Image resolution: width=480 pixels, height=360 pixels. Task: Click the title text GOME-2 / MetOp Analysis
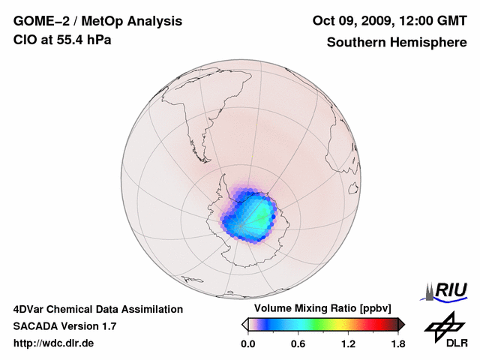97,21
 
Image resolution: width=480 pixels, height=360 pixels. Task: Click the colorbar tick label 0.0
247,344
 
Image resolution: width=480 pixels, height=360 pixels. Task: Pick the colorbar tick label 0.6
298,344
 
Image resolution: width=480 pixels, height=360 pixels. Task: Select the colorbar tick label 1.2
348,344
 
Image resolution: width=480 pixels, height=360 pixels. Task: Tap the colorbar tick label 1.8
397,344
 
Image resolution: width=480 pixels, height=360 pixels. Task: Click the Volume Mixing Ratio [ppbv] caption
320,308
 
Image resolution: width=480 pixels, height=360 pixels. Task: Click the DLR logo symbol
443,325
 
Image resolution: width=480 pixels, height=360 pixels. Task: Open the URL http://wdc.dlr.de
54,343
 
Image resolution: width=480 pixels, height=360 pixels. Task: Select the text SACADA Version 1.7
64,326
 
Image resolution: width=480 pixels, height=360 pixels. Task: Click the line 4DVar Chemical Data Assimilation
98,309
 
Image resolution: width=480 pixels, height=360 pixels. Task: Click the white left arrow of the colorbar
244,324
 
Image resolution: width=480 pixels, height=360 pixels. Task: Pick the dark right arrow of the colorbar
401,324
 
